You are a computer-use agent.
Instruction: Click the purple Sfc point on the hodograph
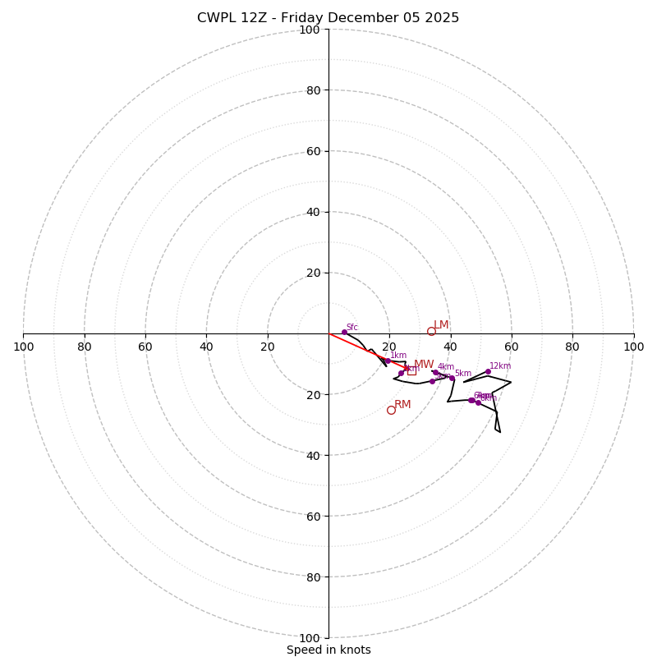click(344, 332)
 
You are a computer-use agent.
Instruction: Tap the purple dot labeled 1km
click(388, 361)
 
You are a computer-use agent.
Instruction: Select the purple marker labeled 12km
click(488, 371)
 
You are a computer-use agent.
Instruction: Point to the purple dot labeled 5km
click(452, 378)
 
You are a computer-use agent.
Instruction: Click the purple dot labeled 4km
click(435, 372)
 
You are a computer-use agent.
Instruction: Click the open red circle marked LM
click(431, 332)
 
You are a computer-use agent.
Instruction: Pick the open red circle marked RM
click(391, 410)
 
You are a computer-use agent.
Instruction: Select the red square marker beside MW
click(411, 371)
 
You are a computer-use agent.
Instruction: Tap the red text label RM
click(402, 405)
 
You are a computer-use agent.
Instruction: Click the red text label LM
click(441, 325)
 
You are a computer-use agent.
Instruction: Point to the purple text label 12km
click(500, 366)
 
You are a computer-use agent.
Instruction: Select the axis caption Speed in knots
click(328, 650)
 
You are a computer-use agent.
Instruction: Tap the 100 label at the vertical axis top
click(310, 30)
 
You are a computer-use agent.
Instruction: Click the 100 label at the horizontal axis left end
click(23, 347)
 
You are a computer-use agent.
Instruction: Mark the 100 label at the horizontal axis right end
click(634, 347)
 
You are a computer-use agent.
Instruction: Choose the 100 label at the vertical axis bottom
click(310, 638)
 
